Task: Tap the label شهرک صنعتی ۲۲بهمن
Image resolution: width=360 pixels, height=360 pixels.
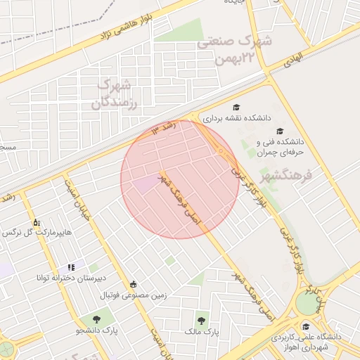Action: tap(234, 49)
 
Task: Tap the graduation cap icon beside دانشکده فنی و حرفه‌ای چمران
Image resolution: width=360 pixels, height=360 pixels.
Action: tap(280, 131)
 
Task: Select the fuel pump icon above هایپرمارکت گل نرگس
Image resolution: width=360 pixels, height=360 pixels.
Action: tap(36, 222)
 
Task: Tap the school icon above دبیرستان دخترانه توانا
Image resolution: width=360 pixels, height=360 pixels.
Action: tap(70, 267)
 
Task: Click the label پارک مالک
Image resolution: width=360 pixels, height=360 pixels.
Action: tap(202, 330)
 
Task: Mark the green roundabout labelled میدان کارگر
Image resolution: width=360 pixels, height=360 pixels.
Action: tap(307, 303)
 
